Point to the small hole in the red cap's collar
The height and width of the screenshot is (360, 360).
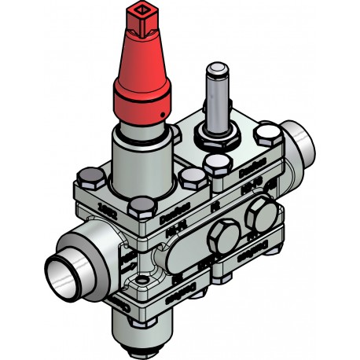(x=160, y=117)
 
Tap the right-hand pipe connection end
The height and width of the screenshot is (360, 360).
(x=296, y=145)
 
